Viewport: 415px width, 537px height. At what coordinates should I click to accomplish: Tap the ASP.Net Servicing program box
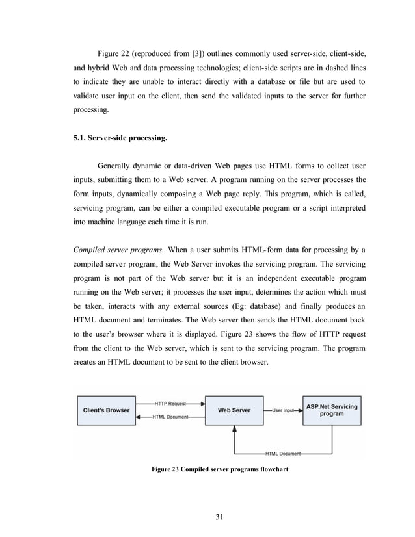click(332, 410)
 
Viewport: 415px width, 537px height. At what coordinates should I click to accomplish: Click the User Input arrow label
click(284, 411)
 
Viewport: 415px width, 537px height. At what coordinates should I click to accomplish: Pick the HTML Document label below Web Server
click(284, 452)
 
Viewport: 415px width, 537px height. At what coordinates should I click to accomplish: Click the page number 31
click(219, 517)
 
